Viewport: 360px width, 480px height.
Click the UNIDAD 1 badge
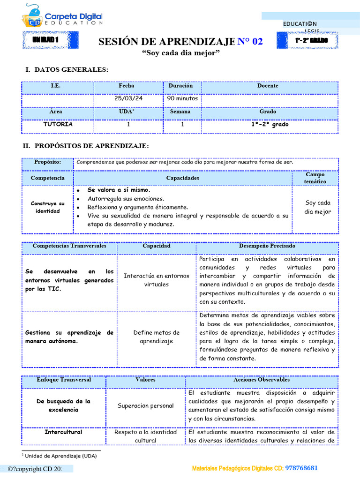(x=45, y=40)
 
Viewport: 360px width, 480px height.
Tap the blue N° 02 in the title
(x=250, y=42)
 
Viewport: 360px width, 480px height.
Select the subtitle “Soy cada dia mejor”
(x=180, y=53)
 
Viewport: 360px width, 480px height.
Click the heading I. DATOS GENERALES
(x=67, y=70)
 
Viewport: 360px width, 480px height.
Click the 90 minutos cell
(x=182, y=99)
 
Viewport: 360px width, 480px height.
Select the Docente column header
(x=268, y=86)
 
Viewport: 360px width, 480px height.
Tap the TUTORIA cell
(x=58, y=125)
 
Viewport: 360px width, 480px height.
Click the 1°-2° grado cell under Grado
(x=270, y=125)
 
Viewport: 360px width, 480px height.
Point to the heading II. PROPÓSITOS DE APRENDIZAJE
(x=86, y=146)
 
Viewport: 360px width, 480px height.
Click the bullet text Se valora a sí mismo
(x=119, y=190)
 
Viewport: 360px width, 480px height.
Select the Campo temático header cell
(x=315, y=178)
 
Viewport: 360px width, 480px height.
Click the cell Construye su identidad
(x=47, y=207)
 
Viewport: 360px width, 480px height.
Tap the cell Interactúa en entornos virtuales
(x=157, y=280)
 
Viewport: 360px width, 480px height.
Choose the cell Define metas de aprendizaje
(x=157, y=337)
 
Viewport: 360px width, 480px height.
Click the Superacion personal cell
(x=145, y=406)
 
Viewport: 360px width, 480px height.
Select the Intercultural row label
(x=63, y=432)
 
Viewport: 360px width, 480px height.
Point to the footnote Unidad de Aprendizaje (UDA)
(x=60, y=456)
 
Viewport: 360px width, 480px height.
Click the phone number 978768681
(x=302, y=468)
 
